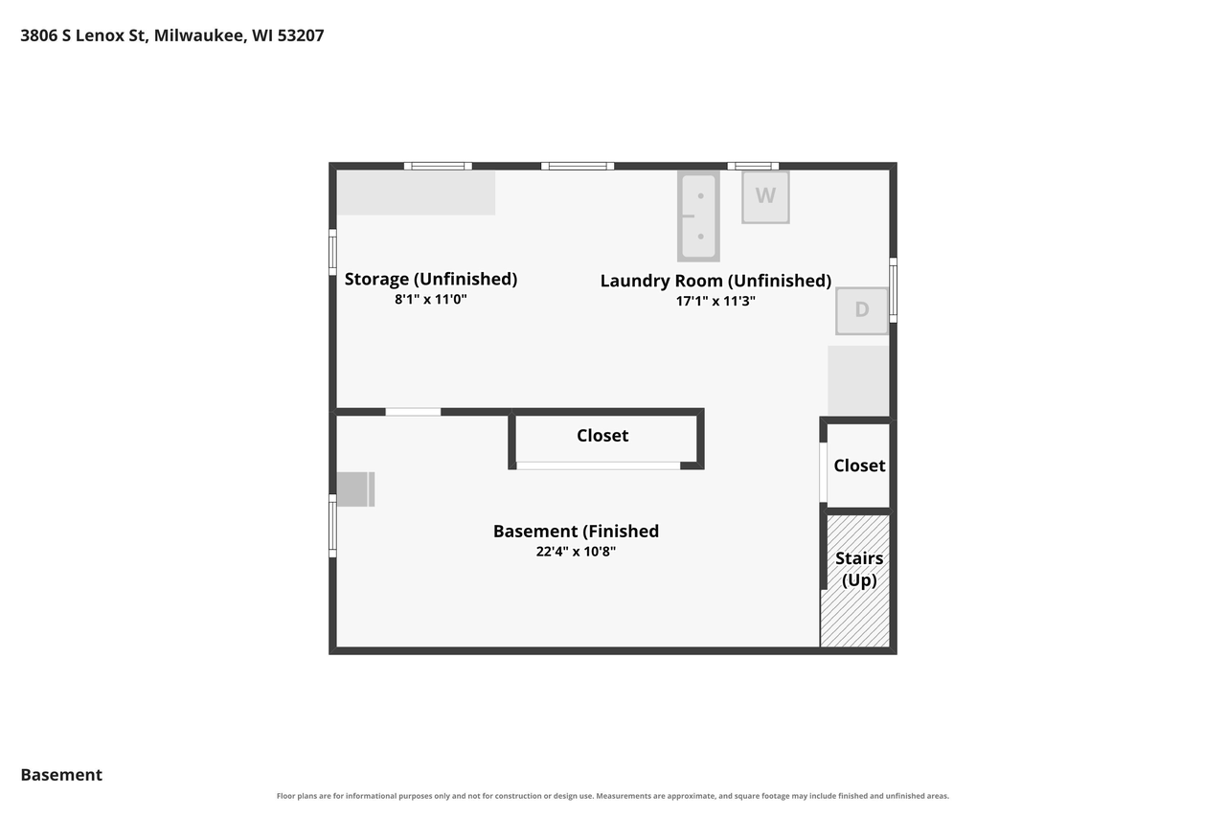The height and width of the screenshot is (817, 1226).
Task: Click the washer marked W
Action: [765, 197]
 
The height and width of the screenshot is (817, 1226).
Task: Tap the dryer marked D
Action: [861, 311]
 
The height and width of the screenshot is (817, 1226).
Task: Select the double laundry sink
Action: [698, 216]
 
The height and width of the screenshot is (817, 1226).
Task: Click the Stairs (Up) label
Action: [859, 569]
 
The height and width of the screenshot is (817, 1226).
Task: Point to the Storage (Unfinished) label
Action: [431, 279]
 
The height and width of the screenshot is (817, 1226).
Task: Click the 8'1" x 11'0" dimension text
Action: [431, 300]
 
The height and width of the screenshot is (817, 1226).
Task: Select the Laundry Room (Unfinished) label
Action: [715, 281]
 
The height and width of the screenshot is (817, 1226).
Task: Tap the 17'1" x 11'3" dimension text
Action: [715, 301]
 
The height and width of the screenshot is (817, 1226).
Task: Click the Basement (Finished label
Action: [576, 532]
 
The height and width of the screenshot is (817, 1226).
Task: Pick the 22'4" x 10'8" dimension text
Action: [576, 551]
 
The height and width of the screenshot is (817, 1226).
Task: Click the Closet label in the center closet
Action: [602, 436]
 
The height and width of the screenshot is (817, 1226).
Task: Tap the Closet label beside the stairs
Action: [859, 465]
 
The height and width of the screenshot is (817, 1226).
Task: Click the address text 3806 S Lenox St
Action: [83, 35]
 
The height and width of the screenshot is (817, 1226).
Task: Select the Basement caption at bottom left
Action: [61, 775]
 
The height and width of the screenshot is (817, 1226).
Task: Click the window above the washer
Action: [753, 166]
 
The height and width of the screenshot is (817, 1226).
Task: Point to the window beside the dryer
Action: [893, 290]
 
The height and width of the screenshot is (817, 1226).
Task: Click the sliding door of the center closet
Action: [599, 465]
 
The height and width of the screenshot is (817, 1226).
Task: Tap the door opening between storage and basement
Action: [413, 412]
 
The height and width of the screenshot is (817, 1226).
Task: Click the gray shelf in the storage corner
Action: [417, 193]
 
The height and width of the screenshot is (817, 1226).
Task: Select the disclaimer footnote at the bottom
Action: [612, 796]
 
